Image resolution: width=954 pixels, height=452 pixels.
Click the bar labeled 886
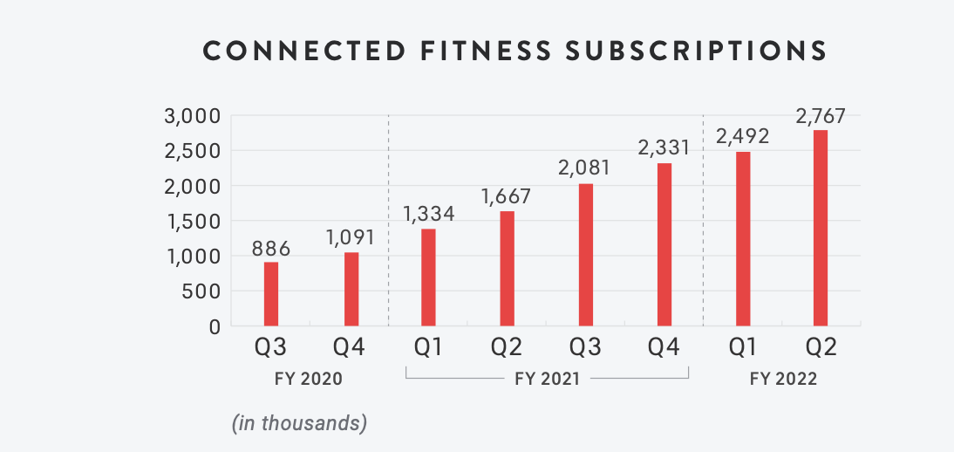tap(271, 294)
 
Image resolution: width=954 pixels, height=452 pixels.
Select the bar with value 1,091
tap(351, 289)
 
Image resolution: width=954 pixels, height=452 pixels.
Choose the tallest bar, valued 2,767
tap(821, 228)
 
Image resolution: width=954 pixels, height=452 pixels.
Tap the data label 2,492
tap(742, 136)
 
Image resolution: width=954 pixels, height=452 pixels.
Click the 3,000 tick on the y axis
tap(191, 116)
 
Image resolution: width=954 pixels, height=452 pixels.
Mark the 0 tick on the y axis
tap(214, 326)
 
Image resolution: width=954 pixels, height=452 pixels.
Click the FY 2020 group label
tap(310, 380)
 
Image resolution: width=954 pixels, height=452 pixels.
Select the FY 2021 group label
tap(549, 380)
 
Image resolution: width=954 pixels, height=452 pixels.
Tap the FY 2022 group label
tap(781, 380)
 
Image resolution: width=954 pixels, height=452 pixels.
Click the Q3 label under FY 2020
tap(271, 347)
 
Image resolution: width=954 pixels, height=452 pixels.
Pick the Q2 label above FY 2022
tap(821, 347)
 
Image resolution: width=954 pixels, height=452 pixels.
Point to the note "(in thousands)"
tap(299, 424)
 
